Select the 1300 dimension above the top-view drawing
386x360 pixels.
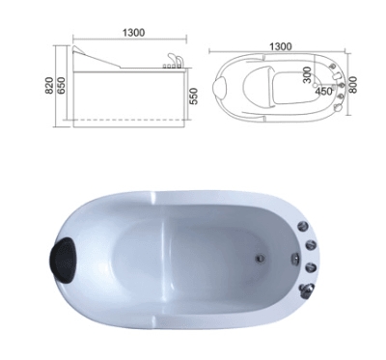281,44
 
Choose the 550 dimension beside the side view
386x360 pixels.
195,97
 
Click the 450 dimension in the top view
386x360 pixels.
325,92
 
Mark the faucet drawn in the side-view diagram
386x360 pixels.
174,62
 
